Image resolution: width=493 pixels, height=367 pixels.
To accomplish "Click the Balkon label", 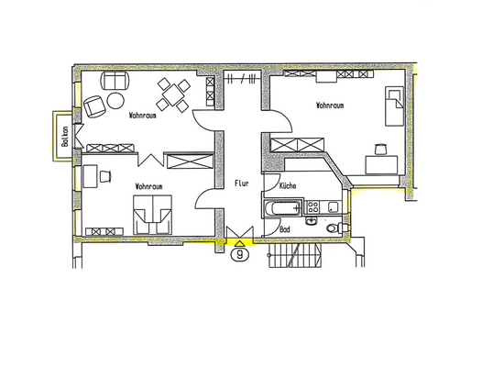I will tap(64, 138).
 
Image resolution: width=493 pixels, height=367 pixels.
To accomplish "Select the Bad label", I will tap(285, 228).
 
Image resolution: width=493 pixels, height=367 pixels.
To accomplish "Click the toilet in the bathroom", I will tap(341, 226).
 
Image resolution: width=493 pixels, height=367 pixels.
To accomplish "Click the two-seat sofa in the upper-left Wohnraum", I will tap(115, 80).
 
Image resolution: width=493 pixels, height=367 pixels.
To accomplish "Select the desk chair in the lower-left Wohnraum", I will tap(108, 174).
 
